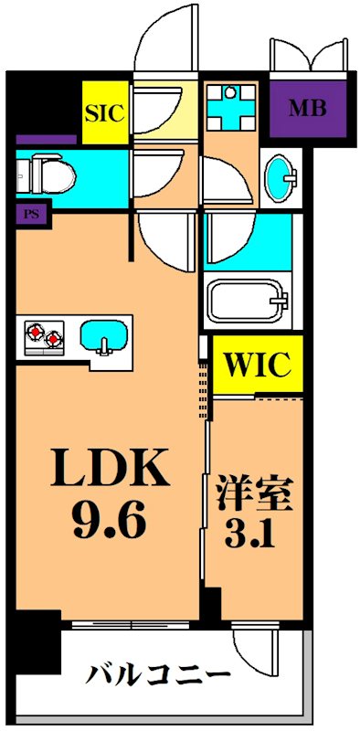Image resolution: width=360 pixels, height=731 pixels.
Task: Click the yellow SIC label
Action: (x=104, y=113)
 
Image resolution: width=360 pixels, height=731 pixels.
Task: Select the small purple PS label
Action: (x=30, y=215)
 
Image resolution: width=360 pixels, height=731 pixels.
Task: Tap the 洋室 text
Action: (x=255, y=497)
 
